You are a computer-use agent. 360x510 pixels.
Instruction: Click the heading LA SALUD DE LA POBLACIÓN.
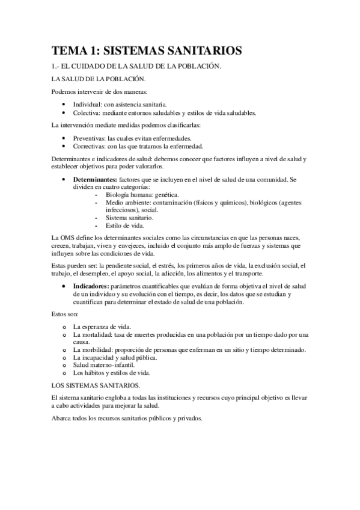point(99,79)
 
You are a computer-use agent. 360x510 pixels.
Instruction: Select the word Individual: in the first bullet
point(90,104)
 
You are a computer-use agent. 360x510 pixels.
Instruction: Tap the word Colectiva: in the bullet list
point(89,112)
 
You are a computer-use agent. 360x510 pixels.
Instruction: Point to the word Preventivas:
point(92,138)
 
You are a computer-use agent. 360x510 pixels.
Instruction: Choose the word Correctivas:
point(91,146)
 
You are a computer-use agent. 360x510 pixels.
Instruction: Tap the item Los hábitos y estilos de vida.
point(111,373)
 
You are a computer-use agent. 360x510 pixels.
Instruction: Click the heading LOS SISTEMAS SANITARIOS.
point(96,384)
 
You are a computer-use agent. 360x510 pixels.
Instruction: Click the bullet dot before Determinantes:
point(64,180)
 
